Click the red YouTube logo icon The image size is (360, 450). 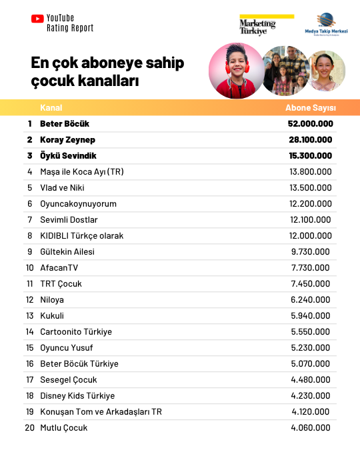tap(37, 19)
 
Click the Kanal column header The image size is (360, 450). tap(51, 107)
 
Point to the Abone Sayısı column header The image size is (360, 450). tap(311, 107)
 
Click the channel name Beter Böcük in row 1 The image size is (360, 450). tap(65, 124)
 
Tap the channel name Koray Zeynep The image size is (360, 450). tap(67, 140)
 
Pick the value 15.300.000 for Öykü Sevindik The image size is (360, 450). tap(310, 156)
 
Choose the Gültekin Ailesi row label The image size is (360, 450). tap(67, 251)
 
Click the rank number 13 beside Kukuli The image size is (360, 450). tap(29, 315)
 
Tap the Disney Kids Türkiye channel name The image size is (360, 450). tap(77, 395)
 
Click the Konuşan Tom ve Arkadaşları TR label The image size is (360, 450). tap(101, 411)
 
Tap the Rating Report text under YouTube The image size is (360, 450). tap(70, 29)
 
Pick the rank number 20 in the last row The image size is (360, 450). tap(29, 427)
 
